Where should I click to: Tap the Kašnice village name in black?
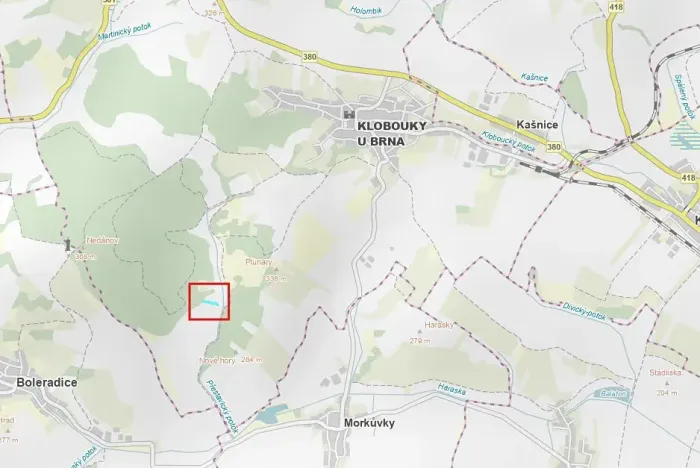(535, 123)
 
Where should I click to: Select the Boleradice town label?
(47, 382)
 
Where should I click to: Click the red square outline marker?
(209, 301)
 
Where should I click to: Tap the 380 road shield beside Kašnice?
(553, 146)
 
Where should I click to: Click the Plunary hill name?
(259, 262)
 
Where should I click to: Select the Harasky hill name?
(439, 326)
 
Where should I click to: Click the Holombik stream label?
(367, 12)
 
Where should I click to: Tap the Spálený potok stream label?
(684, 100)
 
